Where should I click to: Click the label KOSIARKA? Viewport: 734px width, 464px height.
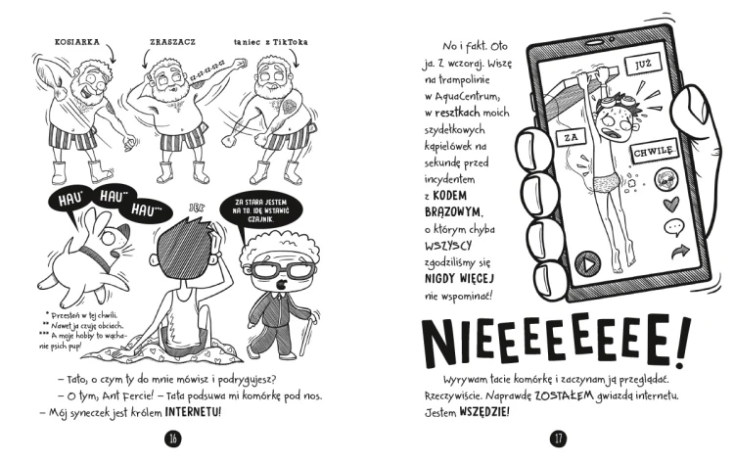point(77,42)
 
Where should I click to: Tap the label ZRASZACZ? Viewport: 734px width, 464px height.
point(172,42)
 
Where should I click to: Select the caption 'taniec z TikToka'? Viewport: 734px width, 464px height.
point(271,42)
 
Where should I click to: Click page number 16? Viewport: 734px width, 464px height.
point(172,439)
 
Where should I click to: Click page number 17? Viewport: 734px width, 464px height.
point(558,439)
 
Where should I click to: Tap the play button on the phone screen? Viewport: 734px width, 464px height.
point(587,263)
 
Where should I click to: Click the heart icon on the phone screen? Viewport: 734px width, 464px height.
point(671,205)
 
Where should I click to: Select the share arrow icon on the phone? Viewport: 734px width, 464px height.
point(680,252)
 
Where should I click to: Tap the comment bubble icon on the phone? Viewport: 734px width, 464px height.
point(674,227)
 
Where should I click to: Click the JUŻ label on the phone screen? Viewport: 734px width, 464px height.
point(642,65)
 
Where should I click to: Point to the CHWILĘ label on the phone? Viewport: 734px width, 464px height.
point(655,151)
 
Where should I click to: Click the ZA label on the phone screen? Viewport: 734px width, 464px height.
point(572,138)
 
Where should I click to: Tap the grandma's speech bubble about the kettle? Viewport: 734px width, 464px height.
point(261,211)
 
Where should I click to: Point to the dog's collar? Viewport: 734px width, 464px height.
point(96,259)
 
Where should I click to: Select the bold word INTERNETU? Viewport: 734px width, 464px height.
point(193,412)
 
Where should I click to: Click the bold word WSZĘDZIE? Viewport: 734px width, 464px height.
point(484,412)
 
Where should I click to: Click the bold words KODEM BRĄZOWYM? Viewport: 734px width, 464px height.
point(452,204)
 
